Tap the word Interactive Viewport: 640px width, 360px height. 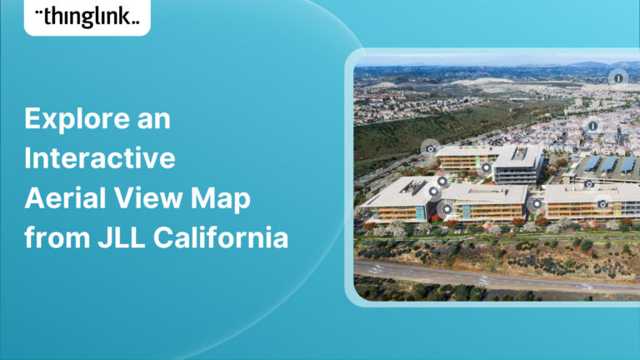click(100, 159)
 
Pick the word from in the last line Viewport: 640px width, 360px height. click(53, 239)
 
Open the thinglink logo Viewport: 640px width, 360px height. click(87, 17)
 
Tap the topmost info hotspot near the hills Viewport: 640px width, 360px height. click(617, 77)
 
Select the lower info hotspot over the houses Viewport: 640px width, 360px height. click(592, 126)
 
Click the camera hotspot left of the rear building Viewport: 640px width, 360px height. click(430, 147)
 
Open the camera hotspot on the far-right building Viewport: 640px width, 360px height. click(602, 202)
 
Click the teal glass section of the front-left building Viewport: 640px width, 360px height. click(467, 211)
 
